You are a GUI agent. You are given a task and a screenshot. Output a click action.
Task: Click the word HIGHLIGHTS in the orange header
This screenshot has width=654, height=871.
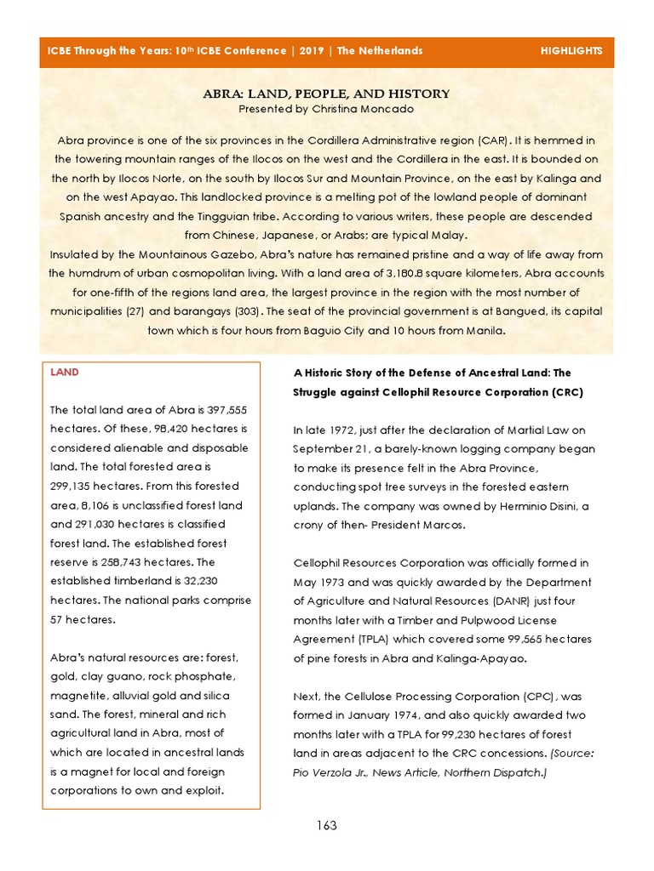click(x=571, y=51)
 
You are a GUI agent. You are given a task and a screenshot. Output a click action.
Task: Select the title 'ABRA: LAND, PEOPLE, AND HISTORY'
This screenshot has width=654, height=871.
click(x=326, y=94)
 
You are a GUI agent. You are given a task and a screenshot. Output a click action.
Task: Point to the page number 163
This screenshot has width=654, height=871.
click(x=326, y=825)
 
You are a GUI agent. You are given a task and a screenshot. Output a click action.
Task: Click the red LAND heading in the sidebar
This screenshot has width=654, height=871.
click(x=63, y=373)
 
